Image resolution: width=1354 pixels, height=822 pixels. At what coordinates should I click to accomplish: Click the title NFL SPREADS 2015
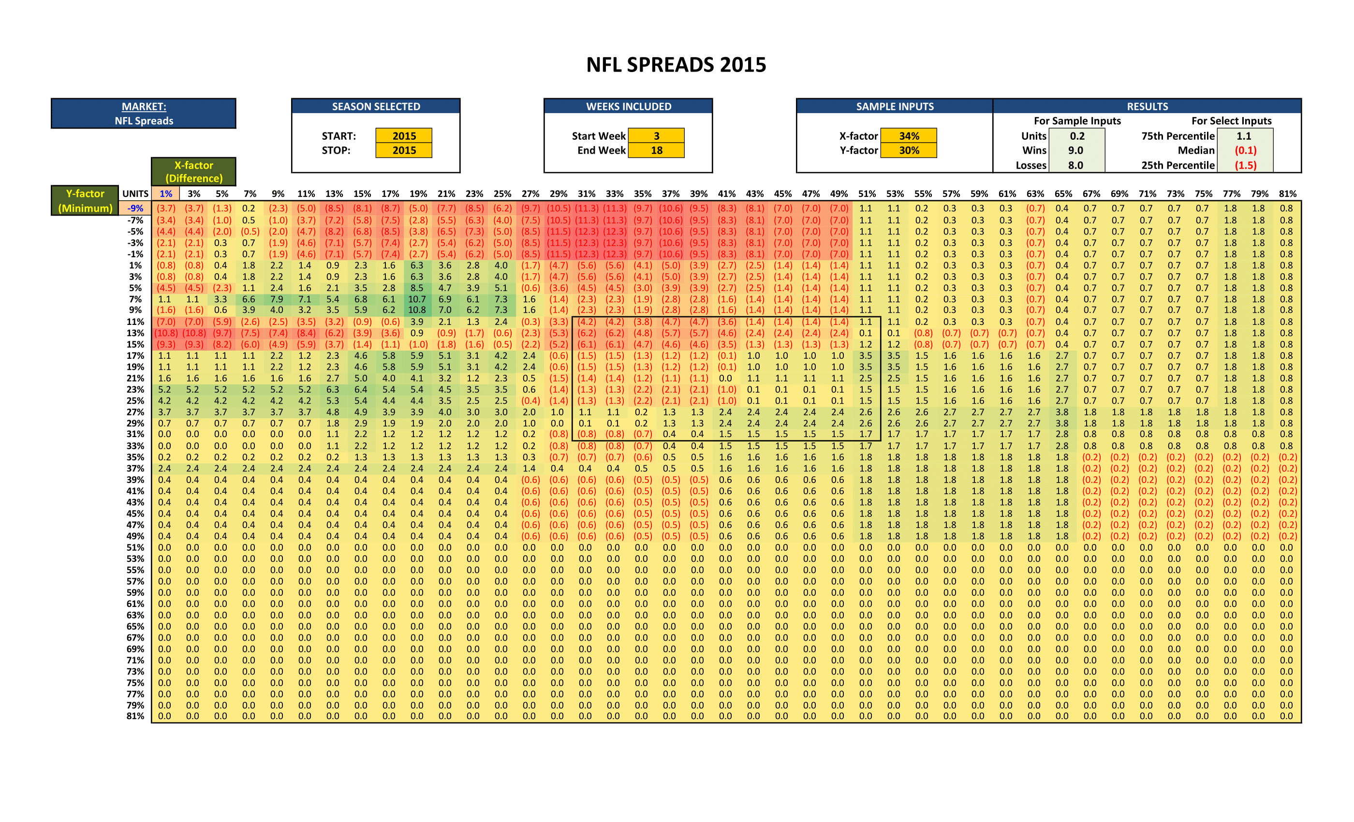pyautogui.click(x=676, y=65)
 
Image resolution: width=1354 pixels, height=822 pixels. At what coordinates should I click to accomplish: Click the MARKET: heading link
pyautogui.click(x=144, y=106)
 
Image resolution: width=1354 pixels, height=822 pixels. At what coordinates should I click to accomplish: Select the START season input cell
pyautogui.click(x=404, y=136)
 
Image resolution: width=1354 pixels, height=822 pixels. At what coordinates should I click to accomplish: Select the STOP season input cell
pyautogui.click(x=404, y=150)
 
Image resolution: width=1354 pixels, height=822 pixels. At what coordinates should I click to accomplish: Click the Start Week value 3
pyautogui.click(x=656, y=136)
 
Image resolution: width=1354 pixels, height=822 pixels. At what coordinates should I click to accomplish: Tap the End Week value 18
pyautogui.click(x=656, y=150)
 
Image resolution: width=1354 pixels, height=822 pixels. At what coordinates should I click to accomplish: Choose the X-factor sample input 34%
pyautogui.click(x=909, y=136)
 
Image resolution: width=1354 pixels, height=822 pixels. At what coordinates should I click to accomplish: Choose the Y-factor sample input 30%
pyautogui.click(x=909, y=150)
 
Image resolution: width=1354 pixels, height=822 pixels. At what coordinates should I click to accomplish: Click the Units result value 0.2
pyautogui.click(x=1077, y=136)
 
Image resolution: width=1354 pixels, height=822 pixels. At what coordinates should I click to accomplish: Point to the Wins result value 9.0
pyautogui.click(x=1076, y=150)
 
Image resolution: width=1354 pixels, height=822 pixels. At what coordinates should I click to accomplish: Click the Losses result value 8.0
pyautogui.click(x=1076, y=165)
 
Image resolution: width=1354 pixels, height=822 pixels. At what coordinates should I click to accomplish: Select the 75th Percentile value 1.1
pyautogui.click(x=1244, y=136)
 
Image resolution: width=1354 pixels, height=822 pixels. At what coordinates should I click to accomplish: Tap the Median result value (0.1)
pyautogui.click(x=1245, y=150)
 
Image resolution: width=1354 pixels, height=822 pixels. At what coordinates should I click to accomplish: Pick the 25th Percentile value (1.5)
pyautogui.click(x=1245, y=165)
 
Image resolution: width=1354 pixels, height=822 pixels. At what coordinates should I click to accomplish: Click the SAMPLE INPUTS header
pyautogui.click(x=895, y=106)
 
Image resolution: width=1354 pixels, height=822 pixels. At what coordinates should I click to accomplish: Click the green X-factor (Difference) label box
pyautogui.click(x=194, y=172)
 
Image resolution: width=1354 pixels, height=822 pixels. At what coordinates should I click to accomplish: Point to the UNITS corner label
pyautogui.click(x=135, y=193)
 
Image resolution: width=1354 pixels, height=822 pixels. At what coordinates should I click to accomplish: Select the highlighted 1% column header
pyautogui.click(x=165, y=193)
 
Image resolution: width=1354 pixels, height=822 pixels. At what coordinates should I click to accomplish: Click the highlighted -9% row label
pyautogui.click(x=135, y=208)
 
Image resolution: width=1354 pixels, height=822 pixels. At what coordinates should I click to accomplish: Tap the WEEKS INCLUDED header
pyautogui.click(x=629, y=106)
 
